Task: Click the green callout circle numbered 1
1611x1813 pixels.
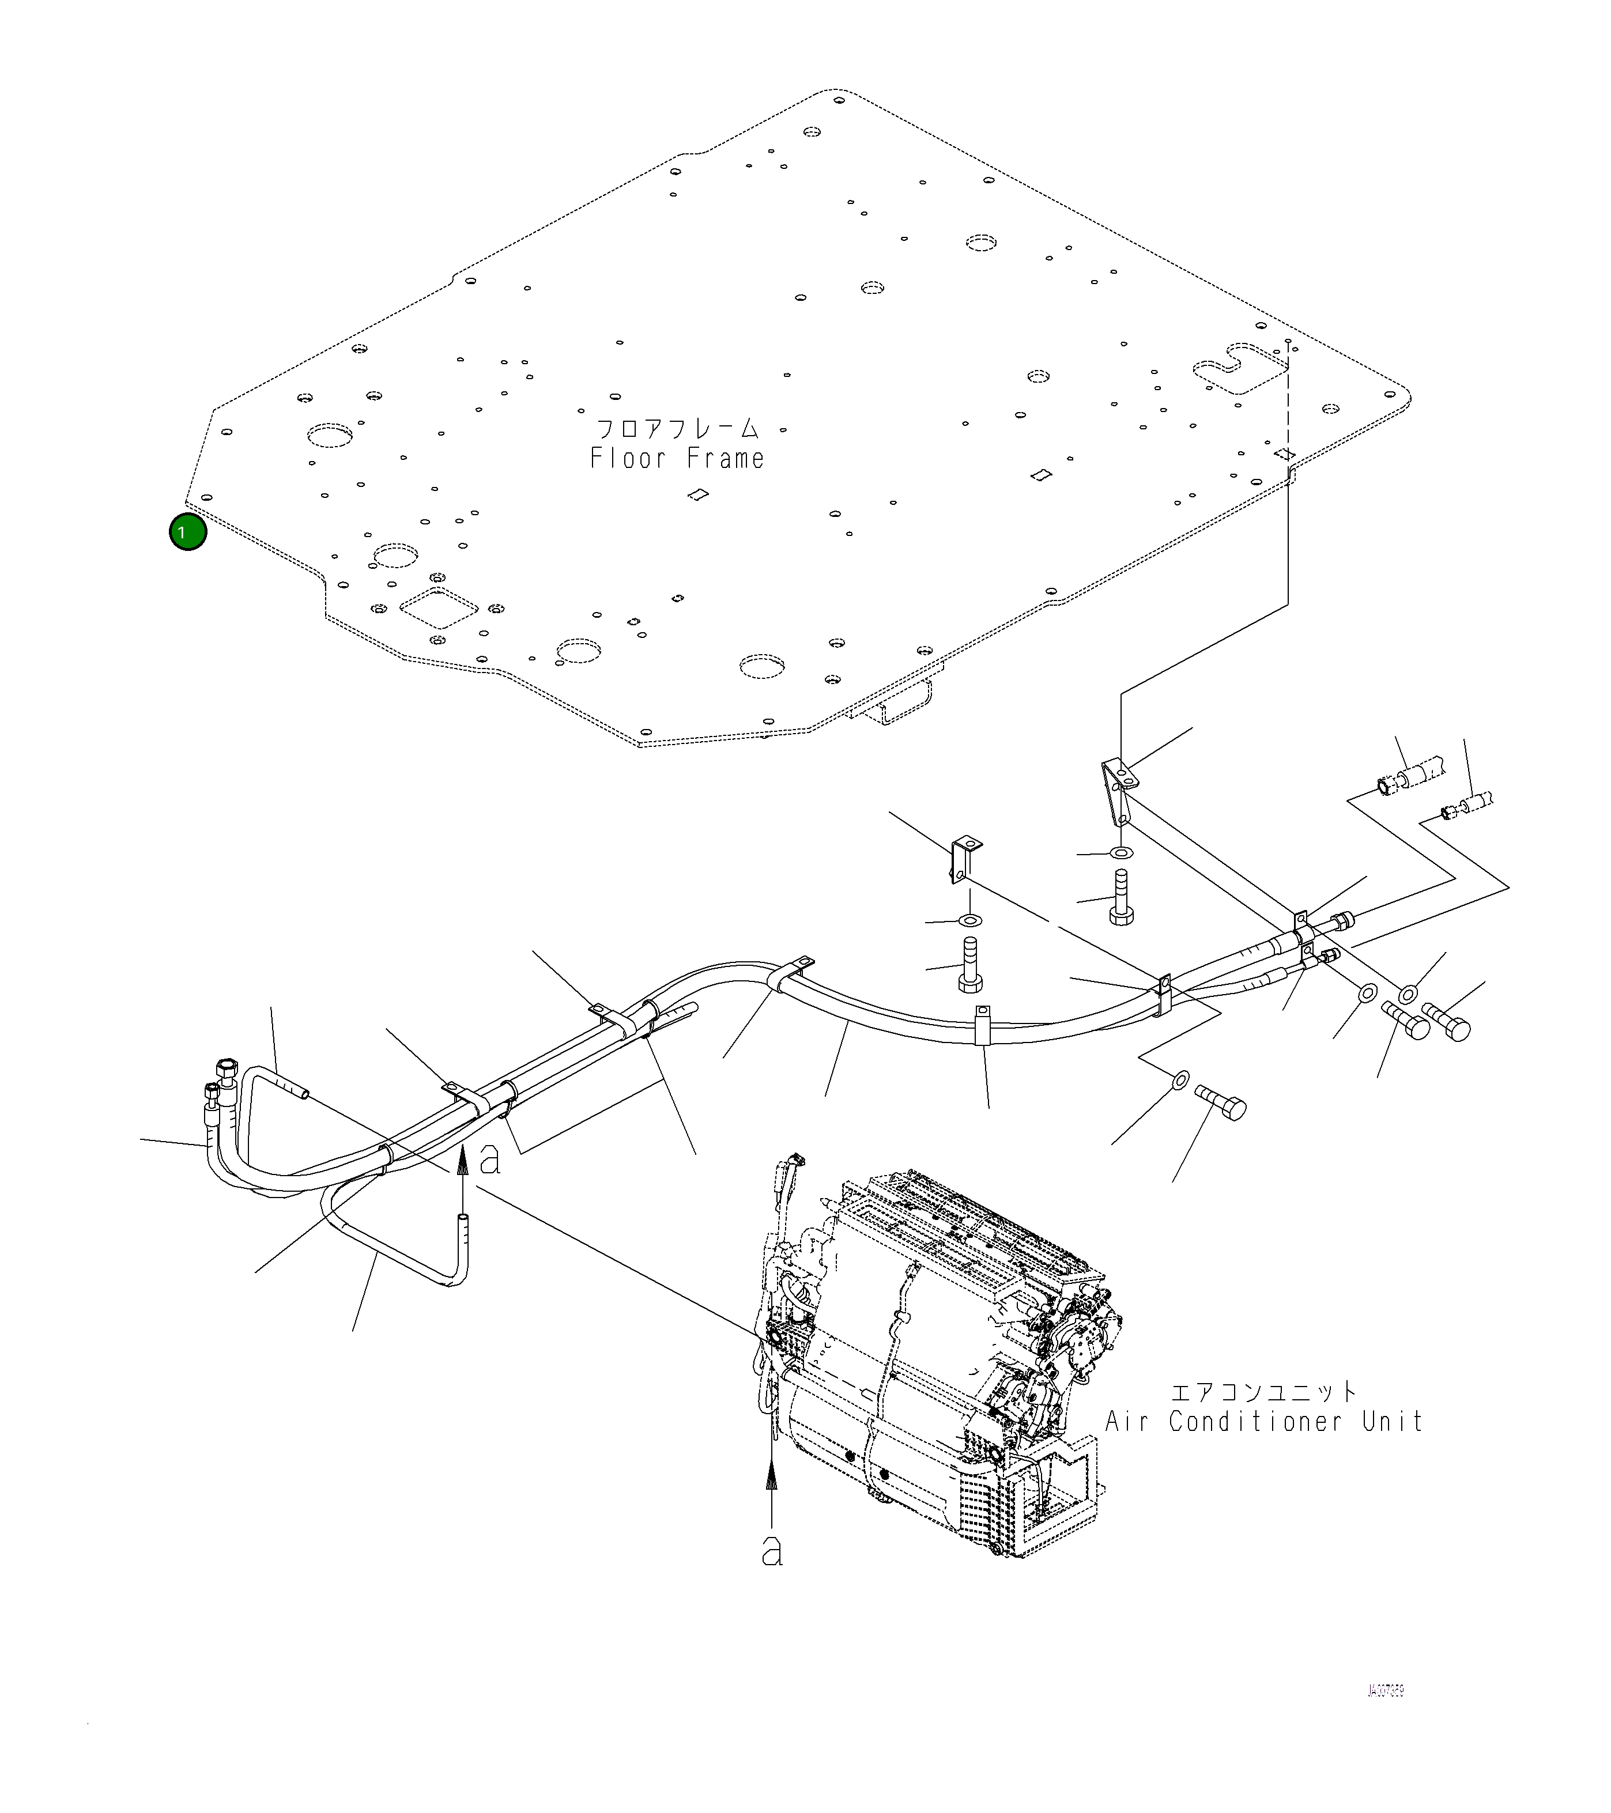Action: (187, 532)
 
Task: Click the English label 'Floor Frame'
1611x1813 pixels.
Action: (677, 459)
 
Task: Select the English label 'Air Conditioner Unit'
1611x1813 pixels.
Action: (1263, 1422)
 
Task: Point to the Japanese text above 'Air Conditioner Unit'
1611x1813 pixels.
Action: (1263, 1391)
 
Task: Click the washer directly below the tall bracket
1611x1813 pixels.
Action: (1122, 853)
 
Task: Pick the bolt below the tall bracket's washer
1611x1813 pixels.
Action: (1121, 900)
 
